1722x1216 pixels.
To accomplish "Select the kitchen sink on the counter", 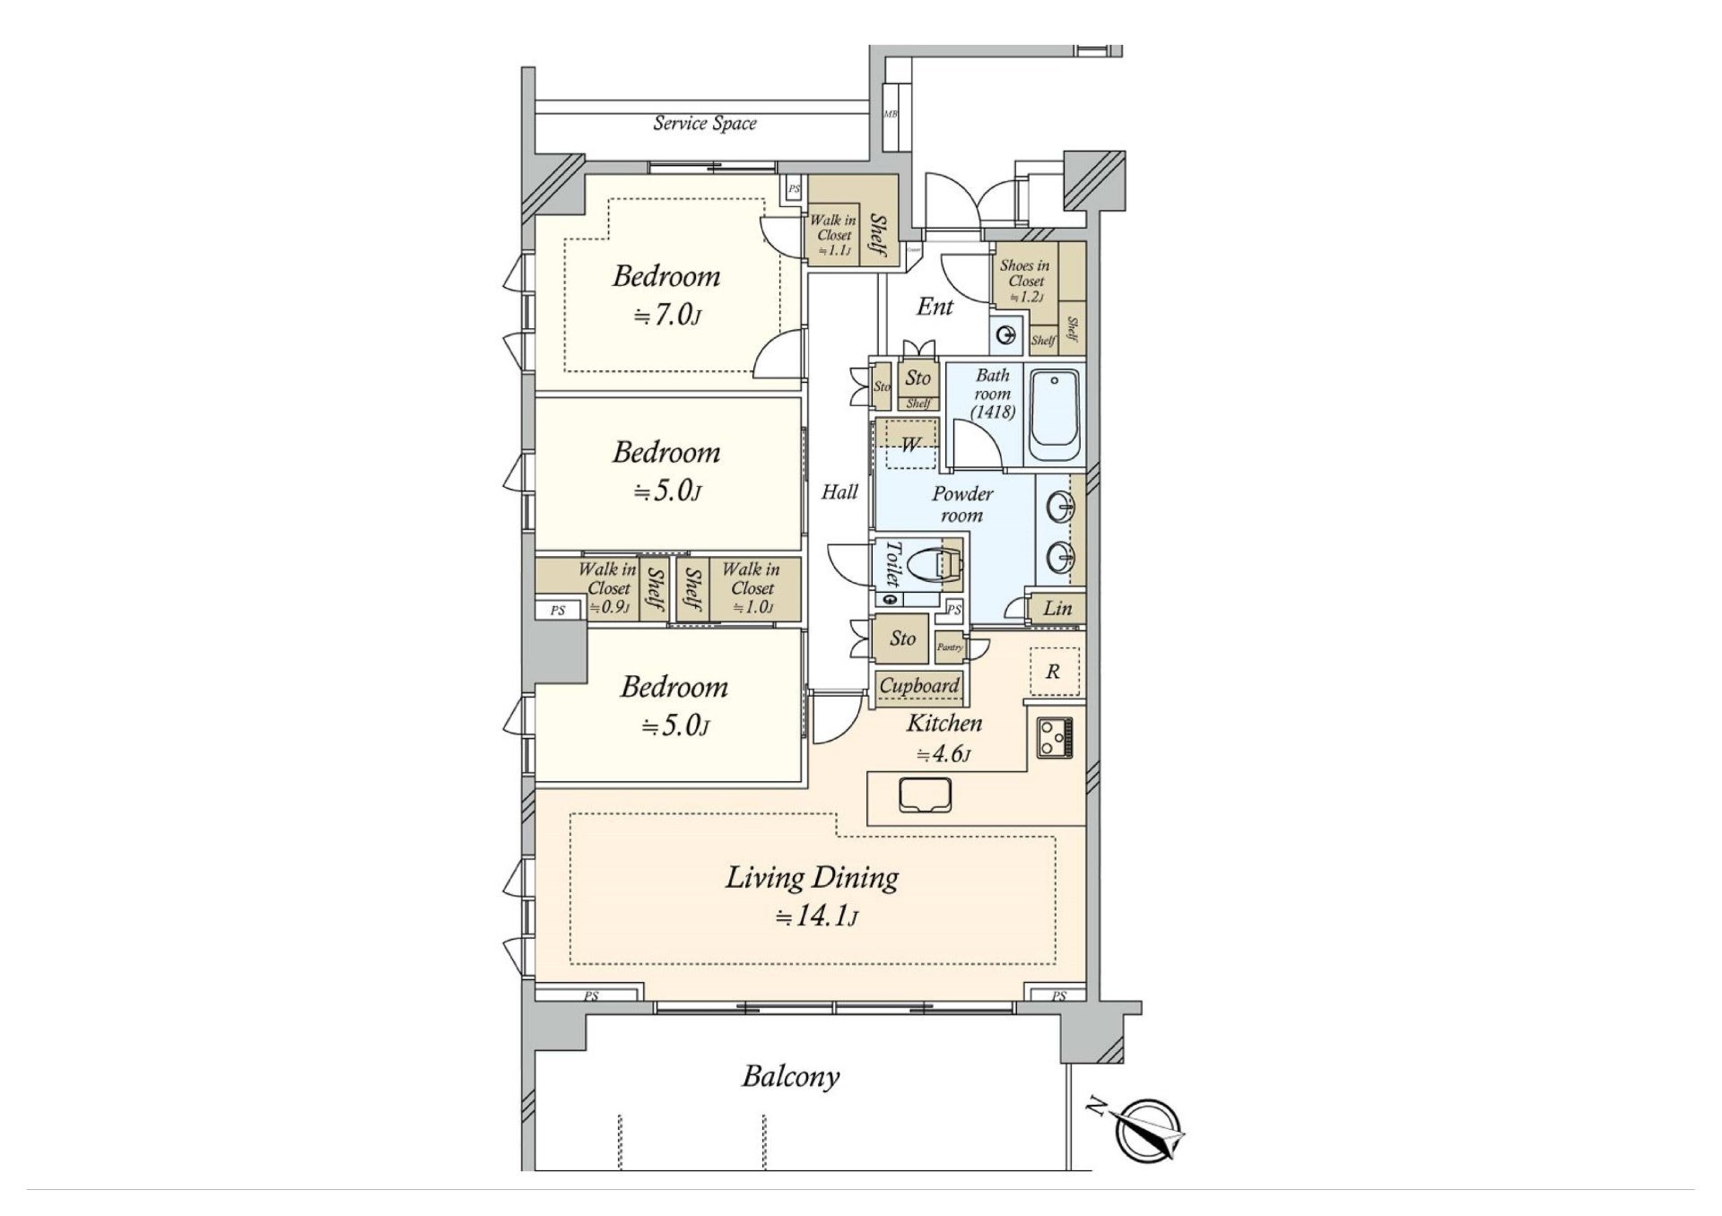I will point(926,795).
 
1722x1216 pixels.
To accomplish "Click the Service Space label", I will point(704,124).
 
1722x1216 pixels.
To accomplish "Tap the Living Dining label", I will point(812,877).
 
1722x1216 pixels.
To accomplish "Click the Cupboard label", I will point(919,686).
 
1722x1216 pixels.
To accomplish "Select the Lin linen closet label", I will point(1057,608).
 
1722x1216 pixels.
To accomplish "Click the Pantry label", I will point(950,647).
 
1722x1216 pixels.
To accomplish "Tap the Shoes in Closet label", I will point(1025,280).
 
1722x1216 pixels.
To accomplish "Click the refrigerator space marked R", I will point(1053,671).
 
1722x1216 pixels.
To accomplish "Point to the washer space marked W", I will point(909,444).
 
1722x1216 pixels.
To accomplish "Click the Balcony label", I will point(790,1076).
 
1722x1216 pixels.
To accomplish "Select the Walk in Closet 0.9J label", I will point(607,588).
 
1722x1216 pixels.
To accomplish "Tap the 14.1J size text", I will point(817,917).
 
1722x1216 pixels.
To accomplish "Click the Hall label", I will point(839,491).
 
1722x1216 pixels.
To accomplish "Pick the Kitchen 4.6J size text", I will point(944,755).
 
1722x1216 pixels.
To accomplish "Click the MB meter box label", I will point(891,114).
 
